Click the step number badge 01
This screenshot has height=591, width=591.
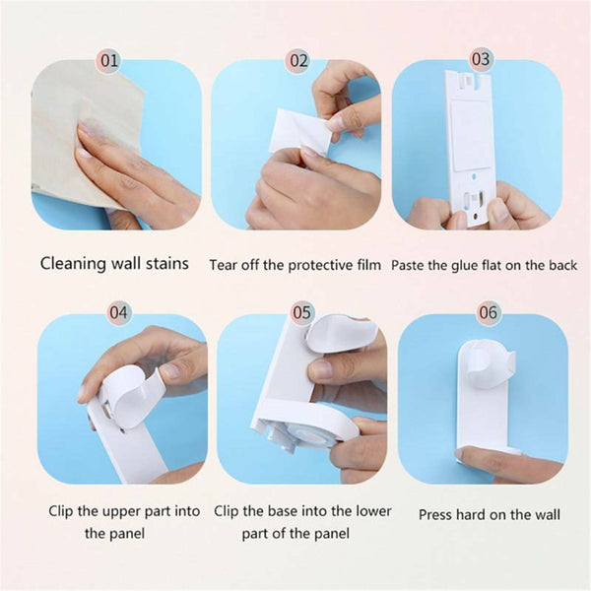pyautogui.click(x=109, y=60)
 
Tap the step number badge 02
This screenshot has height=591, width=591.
pyautogui.click(x=297, y=60)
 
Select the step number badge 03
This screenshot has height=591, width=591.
pyautogui.click(x=481, y=59)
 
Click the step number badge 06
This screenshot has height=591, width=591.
pyautogui.click(x=488, y=312)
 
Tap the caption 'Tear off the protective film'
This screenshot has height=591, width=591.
pyautogui.click(x=295, y=265)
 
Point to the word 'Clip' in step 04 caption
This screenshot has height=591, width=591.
pyautogui.click(x=65, y=511)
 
